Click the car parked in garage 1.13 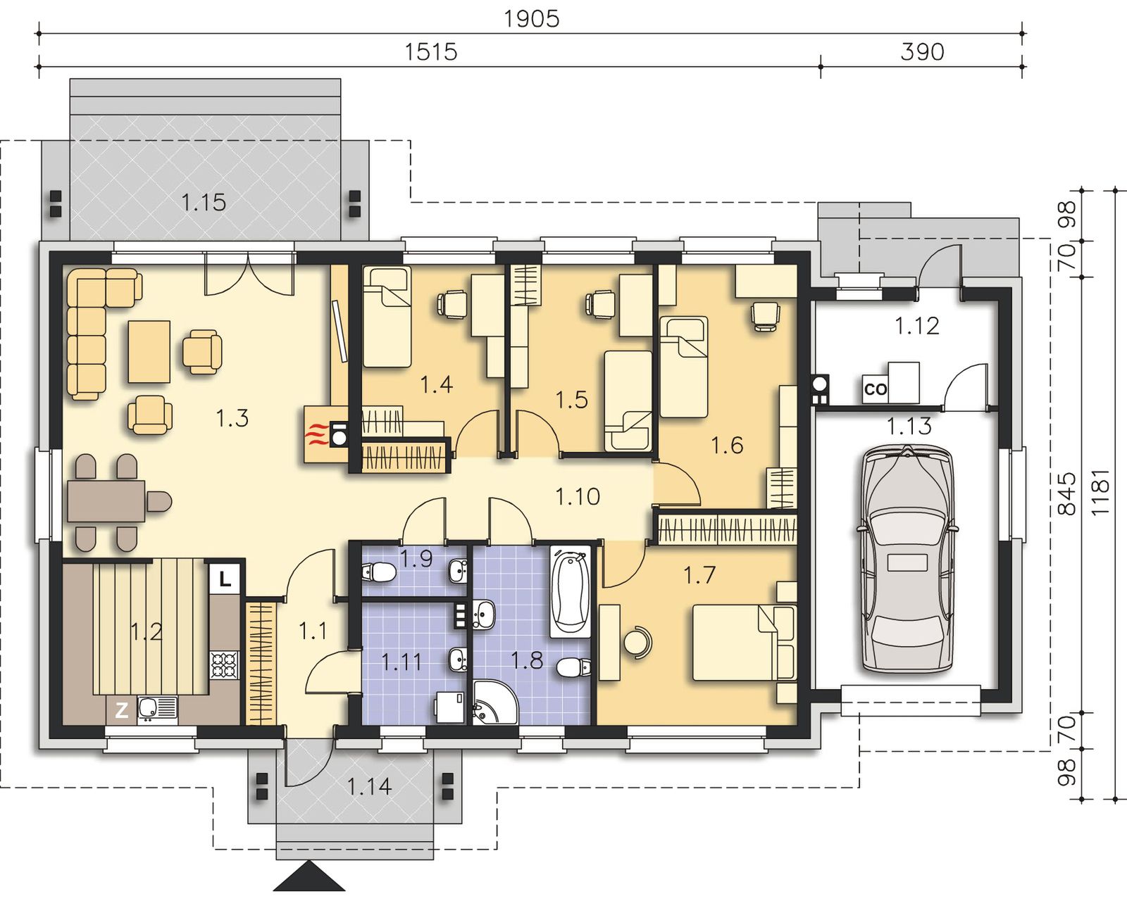[906, 559]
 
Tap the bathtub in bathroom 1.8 [571, 591]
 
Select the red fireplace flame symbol [316, 434]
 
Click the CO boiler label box [875, 389]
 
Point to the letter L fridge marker [225, 579]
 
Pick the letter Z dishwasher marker [121, 710]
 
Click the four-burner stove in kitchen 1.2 [225, 665]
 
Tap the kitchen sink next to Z [157, 710]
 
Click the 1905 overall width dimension [532, 19]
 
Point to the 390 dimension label [922, 52]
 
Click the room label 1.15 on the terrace [204, 202]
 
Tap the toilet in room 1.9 [378, 572]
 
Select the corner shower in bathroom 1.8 [494, 702]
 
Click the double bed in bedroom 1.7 [744, 643]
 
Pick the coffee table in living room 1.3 [149, 351]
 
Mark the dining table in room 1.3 [106, 501]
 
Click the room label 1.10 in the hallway [578, 496]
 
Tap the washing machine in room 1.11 [450, 707]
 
